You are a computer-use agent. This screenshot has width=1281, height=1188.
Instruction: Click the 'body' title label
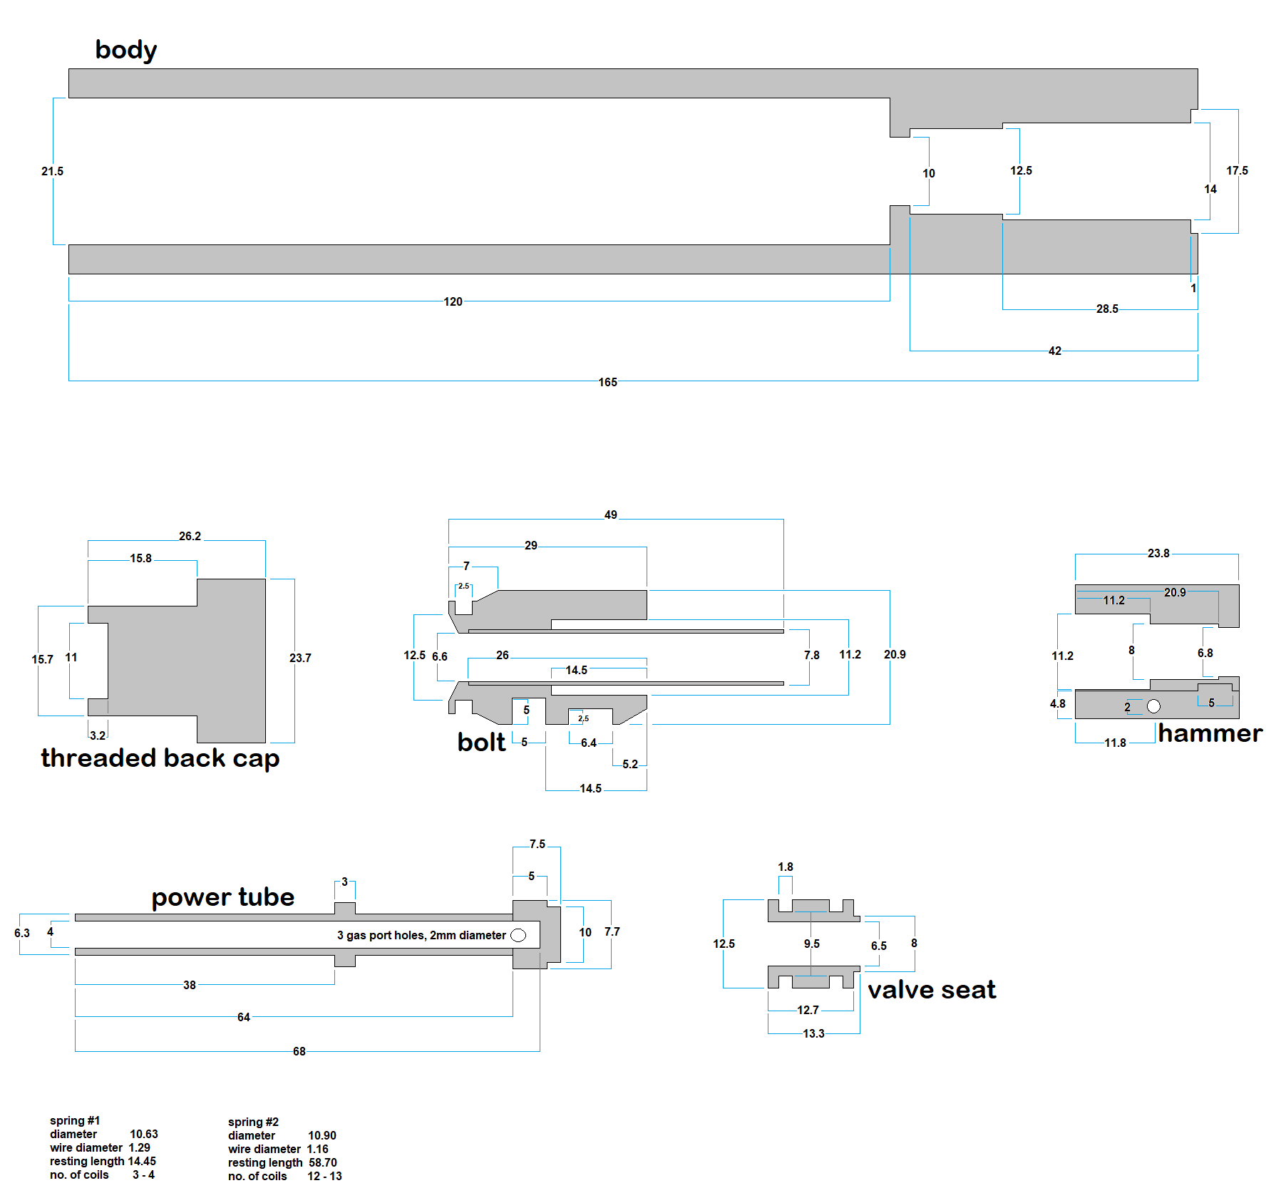coord(126,50)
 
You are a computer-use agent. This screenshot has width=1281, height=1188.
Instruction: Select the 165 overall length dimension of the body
coord(607,382)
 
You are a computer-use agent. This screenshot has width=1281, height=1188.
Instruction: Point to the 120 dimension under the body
coord(453,301)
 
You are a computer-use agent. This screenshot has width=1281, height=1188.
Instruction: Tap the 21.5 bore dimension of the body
coord(52,171)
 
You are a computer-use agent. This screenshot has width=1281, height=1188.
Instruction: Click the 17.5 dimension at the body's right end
coord(1237,170)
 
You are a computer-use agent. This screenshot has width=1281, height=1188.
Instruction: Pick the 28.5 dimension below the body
coord(1107,309)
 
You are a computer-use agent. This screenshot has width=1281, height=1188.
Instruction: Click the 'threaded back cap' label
coord(160,758)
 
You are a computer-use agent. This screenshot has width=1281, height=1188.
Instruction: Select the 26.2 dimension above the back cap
coord(190,536)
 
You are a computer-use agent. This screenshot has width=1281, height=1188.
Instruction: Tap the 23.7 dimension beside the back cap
coord(300,658)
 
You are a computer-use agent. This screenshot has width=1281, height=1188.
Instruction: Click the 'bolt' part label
coord(481,742)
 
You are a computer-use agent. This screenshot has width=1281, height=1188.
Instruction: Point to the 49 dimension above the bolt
coord(611,515)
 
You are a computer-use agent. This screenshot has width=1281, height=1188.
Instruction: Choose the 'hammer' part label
coord(1210,733)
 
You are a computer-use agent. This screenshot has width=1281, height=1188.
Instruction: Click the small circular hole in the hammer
coord(1153,706)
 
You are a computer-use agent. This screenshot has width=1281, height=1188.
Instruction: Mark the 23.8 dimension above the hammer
coord(1158,553)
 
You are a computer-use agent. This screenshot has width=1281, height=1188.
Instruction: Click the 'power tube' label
coord(222,897)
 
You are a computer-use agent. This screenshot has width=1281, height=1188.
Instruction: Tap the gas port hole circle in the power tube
coord(518,935)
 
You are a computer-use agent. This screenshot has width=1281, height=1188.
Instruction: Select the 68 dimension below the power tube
coord(299,1051)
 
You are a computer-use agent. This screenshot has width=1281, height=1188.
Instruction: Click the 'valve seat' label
coord(931,989)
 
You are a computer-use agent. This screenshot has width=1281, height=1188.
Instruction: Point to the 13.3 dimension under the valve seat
coord(813,1033)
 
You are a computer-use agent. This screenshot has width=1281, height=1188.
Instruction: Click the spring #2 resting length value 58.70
coord(322,1162)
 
